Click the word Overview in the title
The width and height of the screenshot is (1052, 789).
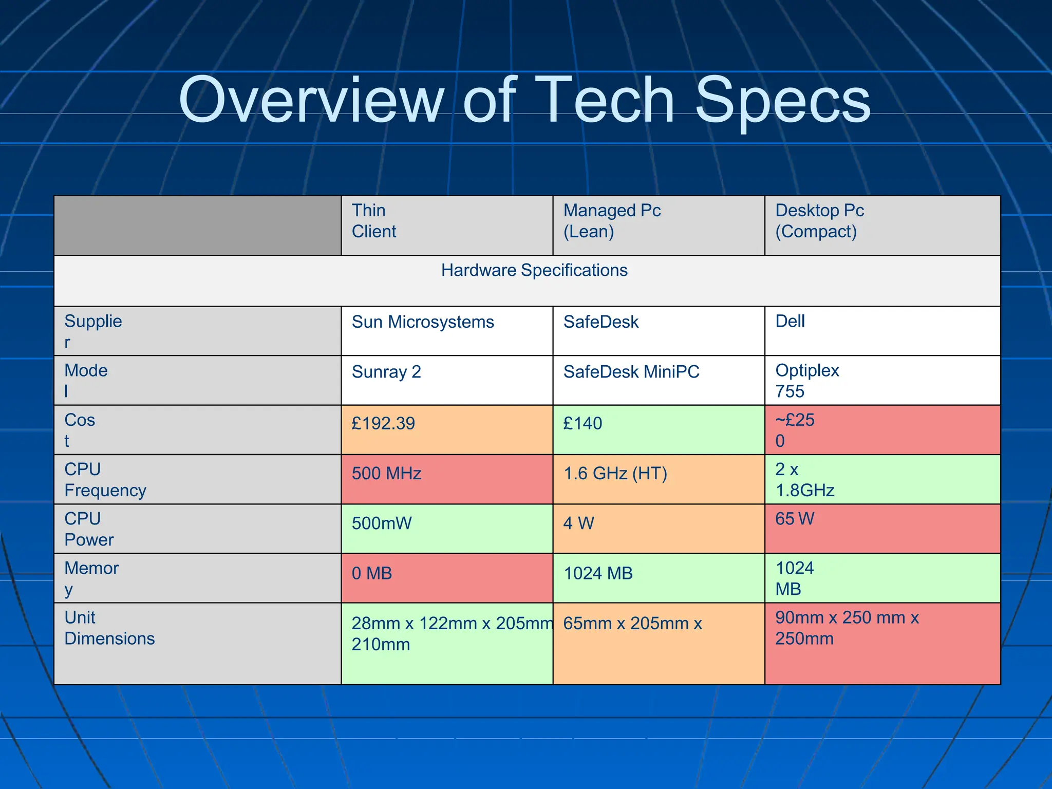click(311, 100)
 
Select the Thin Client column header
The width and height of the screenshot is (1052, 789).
click(374, 221)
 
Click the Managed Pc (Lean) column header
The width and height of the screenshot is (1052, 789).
click(612, 221)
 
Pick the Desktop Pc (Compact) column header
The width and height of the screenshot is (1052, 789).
click(819, 221)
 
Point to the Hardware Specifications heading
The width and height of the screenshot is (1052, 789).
click(534, 270)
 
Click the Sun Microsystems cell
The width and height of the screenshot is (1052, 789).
click(423, 322)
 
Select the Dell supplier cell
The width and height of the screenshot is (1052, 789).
click(790, 322)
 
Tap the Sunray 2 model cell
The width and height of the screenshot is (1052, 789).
click(386, 371)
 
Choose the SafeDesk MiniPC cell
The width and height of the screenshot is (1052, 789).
click(631, 371)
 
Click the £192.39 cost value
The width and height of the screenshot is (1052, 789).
click(383, 423)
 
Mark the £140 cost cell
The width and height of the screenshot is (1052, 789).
click(583, 423)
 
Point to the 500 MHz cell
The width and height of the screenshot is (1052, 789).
click(386, 473)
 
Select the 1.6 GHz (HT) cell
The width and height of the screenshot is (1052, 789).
click(615, 473)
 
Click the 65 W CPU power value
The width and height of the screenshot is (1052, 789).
click(795, 519)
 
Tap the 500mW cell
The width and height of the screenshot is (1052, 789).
click(382, 523)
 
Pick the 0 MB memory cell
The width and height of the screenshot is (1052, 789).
click(372, 573)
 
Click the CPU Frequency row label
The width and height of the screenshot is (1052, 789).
click(105, 480)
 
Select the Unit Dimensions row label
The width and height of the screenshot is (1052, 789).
click(109, 628)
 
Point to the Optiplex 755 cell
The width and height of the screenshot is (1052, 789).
click(806, 381)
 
